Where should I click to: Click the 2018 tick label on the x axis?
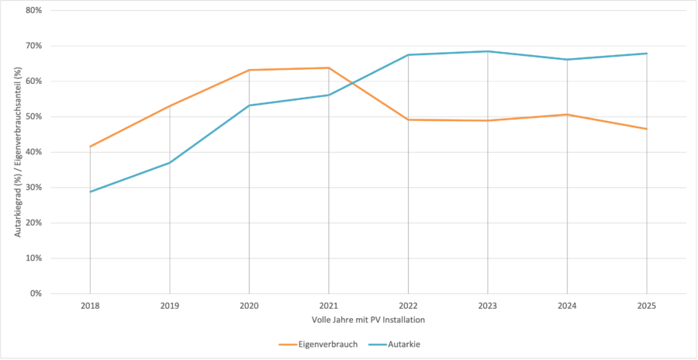coord(90,306)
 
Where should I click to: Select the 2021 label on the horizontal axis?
coord(329,306)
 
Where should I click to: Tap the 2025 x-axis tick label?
coord(647,306)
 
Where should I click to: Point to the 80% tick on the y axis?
coord(33,11)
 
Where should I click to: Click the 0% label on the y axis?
coord(36,293)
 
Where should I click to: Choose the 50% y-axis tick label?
coord(33,116)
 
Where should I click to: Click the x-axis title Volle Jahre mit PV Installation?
coord(368,320)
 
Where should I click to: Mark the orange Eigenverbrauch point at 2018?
coord(91,147)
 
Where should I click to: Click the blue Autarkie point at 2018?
coord(91,192)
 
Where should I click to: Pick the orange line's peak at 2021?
coord(329,67)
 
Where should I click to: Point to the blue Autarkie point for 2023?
coord(488,51)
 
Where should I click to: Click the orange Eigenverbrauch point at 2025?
coord(647,129)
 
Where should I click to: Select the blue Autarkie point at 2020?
coord(249,106)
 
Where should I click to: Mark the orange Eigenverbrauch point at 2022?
coord(409,119)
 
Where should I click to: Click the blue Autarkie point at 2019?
coord(170,162)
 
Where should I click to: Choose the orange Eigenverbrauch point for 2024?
coord(567,114)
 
